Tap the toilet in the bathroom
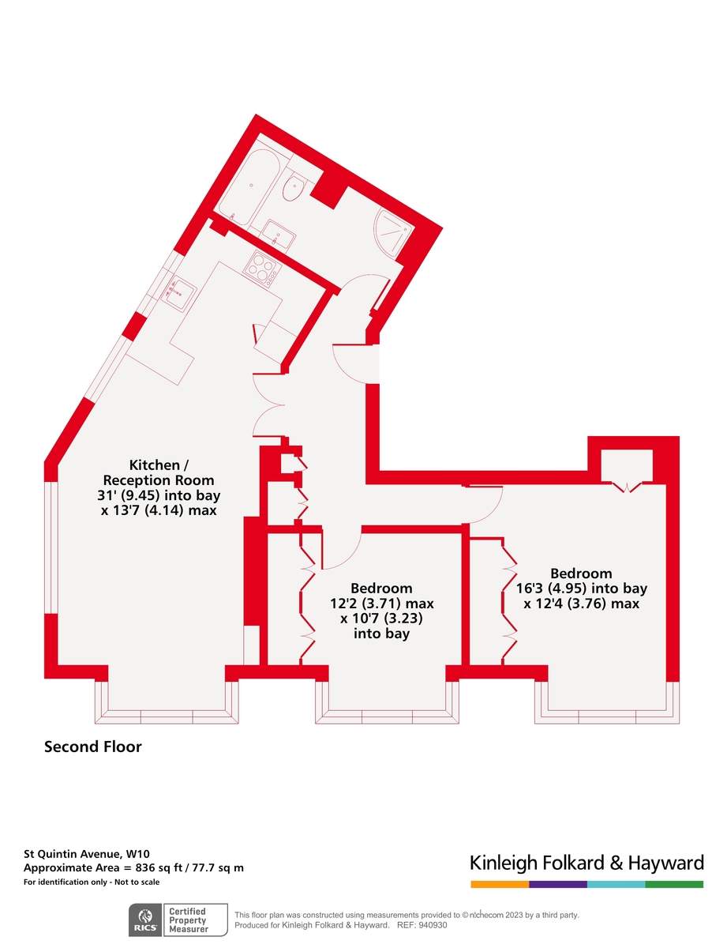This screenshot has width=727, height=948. [295, 189]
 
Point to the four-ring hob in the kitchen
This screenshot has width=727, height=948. [262, 269]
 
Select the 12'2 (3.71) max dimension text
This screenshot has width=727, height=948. [382, 604]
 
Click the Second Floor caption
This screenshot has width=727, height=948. [92, 747]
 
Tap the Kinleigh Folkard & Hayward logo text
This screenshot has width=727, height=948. [586, 862]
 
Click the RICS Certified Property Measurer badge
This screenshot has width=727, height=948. [178, 920]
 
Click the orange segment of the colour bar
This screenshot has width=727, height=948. [499, 884]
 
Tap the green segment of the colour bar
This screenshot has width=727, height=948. [674, 884]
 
